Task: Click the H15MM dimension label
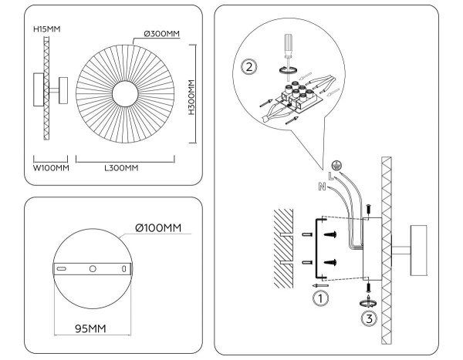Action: tap(46, 29)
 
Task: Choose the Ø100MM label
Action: tap(158, 228)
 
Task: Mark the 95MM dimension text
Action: tap(90, 329)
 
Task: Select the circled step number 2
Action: tap(248, 66)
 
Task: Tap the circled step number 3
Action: tap(370, 317)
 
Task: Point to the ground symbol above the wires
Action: tap(335, 164)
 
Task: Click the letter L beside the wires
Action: tap(330, 177)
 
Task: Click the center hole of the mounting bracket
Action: tap(92, 269)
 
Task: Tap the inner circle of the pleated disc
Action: tap(124, 94)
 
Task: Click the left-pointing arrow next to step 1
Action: tap(314, 283)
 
